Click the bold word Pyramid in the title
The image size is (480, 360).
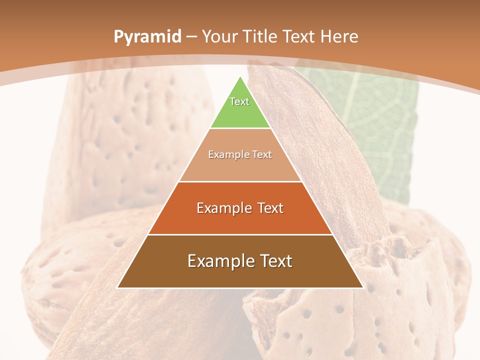147,37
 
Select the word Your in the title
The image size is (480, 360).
220,37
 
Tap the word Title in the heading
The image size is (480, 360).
260,37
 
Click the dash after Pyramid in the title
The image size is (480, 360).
191,37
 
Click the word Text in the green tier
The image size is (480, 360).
239,101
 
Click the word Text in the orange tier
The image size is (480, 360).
270,208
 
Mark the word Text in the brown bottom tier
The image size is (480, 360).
275,261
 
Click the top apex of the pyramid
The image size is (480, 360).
240,77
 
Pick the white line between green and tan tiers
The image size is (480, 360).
240,128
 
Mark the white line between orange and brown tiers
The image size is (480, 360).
240,234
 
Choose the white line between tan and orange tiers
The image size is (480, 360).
240,181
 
